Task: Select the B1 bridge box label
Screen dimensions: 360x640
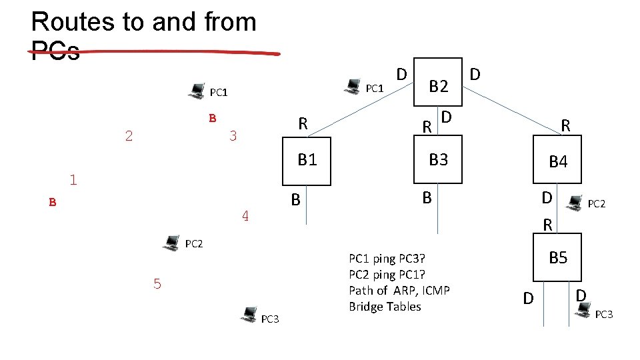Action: [307, 159]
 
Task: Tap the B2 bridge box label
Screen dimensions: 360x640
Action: [439, 85]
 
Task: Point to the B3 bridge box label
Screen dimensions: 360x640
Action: [438, 159]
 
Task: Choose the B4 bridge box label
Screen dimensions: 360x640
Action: [557, 161]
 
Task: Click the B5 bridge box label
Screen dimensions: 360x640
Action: [557, 258]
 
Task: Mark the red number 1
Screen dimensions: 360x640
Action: [73, 179]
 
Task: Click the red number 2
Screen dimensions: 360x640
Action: [129, 137]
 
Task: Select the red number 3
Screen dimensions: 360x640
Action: [233, 137]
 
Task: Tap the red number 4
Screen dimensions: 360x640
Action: [245, 216]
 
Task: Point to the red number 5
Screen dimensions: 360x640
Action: [157, 284]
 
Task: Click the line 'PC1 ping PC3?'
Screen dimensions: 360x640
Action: [387, 259]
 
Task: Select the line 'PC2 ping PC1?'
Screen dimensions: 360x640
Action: [387, 275]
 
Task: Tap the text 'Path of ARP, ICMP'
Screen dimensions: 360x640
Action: [399, 290]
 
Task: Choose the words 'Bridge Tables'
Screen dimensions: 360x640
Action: [385, 307]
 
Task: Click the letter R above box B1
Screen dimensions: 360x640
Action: [303, 123]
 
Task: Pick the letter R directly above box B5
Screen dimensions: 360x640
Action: [547, 225]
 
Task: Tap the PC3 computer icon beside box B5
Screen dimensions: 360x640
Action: [584, 310]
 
